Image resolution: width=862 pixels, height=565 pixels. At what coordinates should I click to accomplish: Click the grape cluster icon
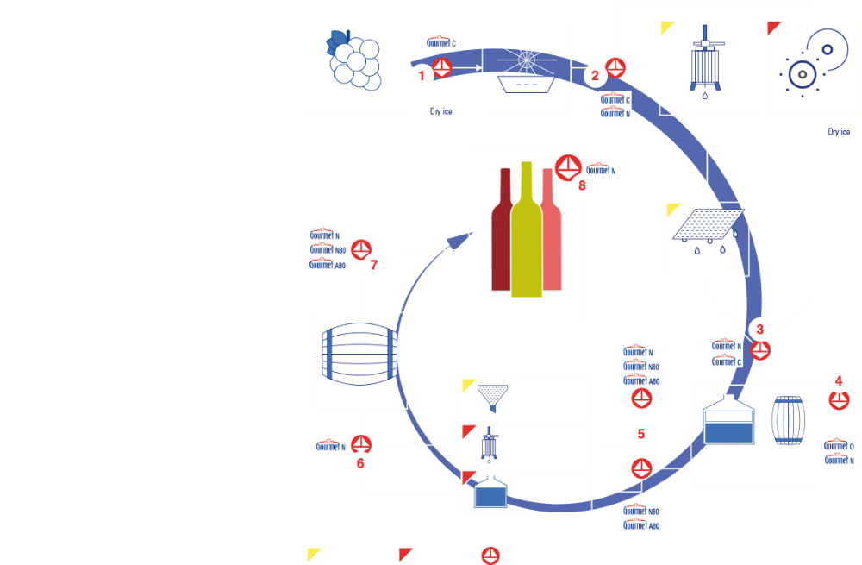pos(353,61)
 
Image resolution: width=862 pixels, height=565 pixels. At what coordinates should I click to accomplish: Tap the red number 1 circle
pos(422,75)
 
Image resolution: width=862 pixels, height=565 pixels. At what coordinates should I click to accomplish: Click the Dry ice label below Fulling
pos(839,132)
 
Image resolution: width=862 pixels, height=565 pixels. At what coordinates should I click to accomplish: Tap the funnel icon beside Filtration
pos(492,399)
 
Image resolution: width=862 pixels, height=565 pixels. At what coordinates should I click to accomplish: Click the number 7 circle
pos(373,266)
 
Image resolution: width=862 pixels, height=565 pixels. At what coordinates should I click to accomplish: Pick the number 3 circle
pos(759,329)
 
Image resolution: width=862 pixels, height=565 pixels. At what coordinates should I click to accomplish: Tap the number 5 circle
pos(640,433)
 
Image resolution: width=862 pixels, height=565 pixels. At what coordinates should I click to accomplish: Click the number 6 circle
pos(360,463)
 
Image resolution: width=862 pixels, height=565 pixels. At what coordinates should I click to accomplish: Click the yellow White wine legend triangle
pos(312,552)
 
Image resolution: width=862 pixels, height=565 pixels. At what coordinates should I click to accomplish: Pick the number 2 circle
pos(595,75)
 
